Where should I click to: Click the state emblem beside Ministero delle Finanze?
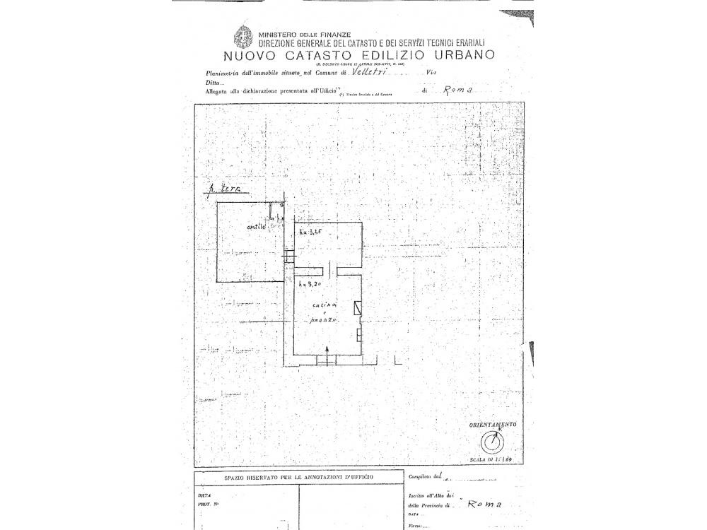tap(243, 36)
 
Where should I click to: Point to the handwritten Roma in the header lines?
tap(455, 90)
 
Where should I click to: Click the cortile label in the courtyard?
tap(257, 227)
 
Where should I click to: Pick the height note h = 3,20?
tap(310, 283)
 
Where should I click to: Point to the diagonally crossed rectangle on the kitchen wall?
tap(359, 307)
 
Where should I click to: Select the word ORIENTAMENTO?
tap(492, 424)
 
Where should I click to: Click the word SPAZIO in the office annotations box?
tap(240, 478)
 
